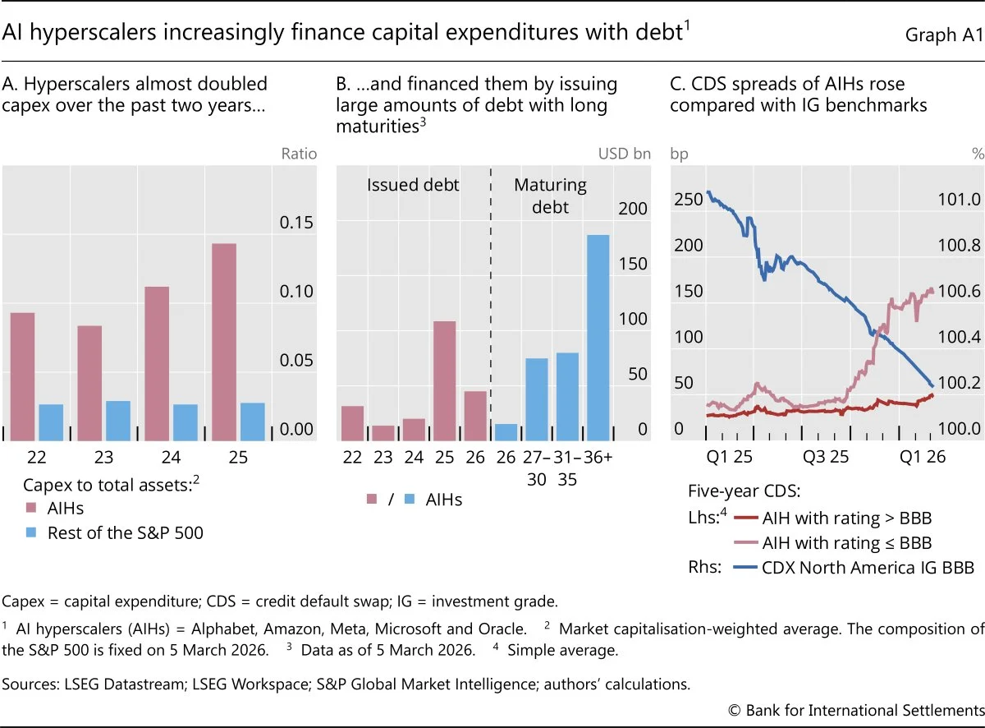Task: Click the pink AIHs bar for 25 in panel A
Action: pyautogui.click(x=224, y=342)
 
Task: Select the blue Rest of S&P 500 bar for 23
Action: pyautogui.click(x=118, y=421)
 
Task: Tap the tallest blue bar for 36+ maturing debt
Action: pyautogui.click(x=598, y=338)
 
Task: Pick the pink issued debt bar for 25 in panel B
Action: pyautogui.click(x=445, y=380)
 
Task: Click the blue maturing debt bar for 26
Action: pyautogui.click(x=506, y=432)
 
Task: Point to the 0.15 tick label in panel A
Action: pyautogui.click(x=296, y=223)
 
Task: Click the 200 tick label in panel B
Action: pyautogui.click(x=633, y=208)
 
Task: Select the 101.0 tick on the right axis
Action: pyautogui.click(x=959, y=199)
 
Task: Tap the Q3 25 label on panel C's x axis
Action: pyautogui.click(x=826, y=457)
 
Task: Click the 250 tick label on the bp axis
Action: pyautogui.click(x=689, y=199)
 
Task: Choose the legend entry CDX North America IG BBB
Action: pyautogui.click(x=854, y=568)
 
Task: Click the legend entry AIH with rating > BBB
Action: pyautogui.click(x=832, y=518)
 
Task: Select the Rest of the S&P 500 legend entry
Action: pyautogui.click(x=115, y=532)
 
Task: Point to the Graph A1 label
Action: pyautogui.click(x=945, y=35)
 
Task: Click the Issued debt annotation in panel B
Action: pyautogui.click(x=413, y=185)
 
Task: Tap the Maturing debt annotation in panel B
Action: pyautogui.click(x=550, y=196)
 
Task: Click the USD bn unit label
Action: pyautogui.click(x=625, y=154)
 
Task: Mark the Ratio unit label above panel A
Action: pyautogui.click(x=299, y=154)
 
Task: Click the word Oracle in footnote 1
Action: pyautogui.click(x=502, y=629)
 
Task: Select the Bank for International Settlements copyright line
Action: pyautogui.click(x=856, y=710)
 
